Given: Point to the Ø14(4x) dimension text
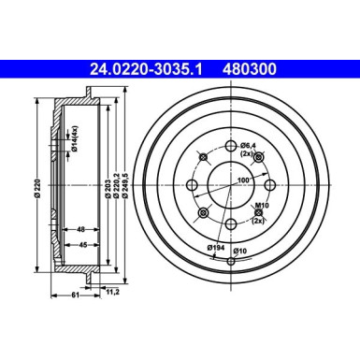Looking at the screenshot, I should [x=73, y=140].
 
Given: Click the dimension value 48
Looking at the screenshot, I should [x=82, y=229].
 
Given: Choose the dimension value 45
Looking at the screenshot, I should [x=82, y=246].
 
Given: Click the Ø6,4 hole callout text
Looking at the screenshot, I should [x=247, y=145].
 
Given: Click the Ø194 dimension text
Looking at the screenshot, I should [x=216, y=247].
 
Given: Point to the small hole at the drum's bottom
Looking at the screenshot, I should [x=231, y=260].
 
